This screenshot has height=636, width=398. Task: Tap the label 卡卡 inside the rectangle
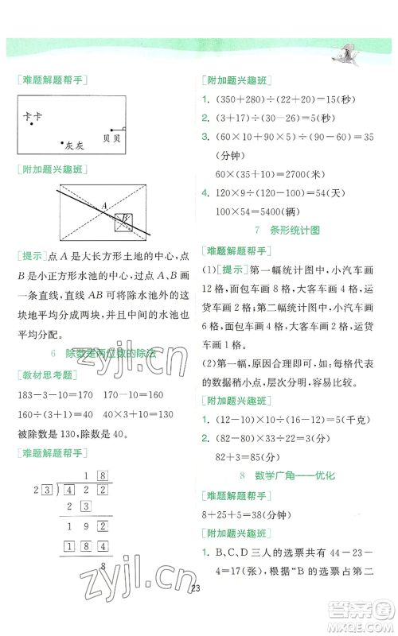33,115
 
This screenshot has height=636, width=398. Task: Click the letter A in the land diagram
103,205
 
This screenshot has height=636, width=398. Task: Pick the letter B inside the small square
123,219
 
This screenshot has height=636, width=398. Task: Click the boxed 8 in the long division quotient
102,475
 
